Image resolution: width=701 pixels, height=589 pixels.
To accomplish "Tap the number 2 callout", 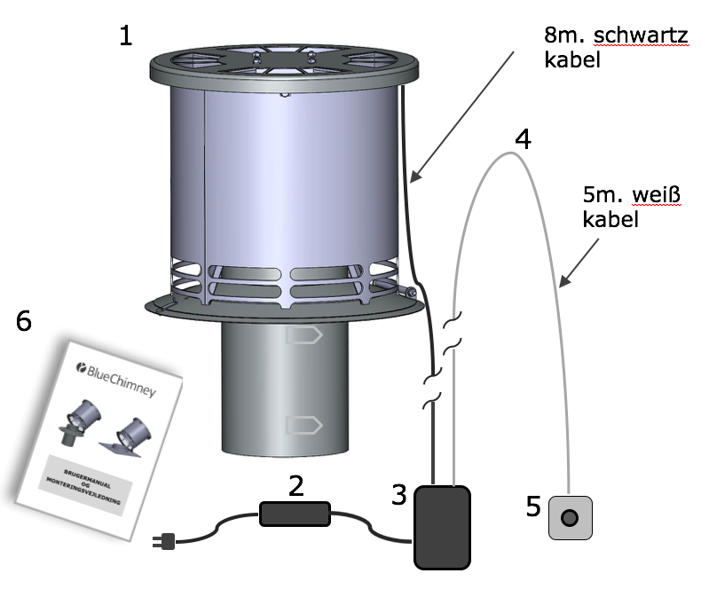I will click(x=296, y=485).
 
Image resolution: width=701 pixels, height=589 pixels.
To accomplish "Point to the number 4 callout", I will click(x=524, y=139).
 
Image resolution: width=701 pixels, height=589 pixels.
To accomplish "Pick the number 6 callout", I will click(x=24, y=320).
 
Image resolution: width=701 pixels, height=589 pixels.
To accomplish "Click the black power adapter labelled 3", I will click(x=441, y=526).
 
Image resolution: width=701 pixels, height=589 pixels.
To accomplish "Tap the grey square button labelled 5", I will click(x=570, y=517).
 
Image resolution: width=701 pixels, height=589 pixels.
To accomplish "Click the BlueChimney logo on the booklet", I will click(x=114, y=379).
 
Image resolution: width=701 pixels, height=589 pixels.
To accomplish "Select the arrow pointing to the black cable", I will click(x=461, y=115).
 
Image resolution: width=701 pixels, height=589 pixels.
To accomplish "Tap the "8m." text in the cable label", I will click(x=563, y=35).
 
